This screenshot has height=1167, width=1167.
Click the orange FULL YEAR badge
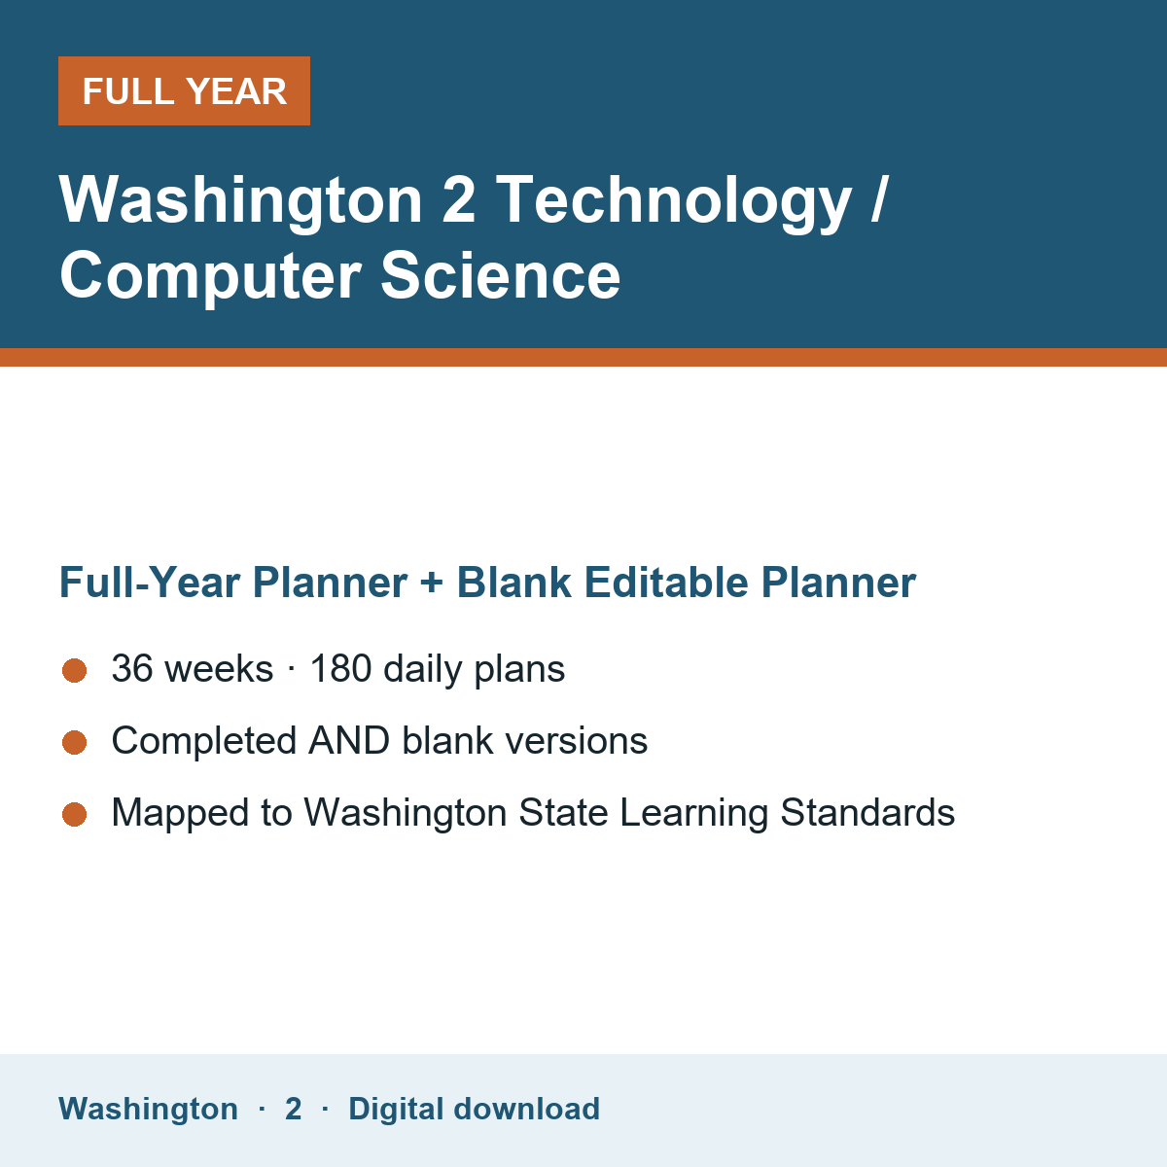click(x=184, y=90)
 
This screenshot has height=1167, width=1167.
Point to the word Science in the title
click(x=500, y=275)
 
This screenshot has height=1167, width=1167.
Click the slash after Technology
click(x=879, y=199)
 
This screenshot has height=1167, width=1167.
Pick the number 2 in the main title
click(x=458, y=199)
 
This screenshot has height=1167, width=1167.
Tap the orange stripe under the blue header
click(x=583, y=357)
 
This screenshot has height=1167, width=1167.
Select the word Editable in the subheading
click(x=665, y=583)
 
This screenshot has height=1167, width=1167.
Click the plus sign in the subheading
click(x=432, y=583)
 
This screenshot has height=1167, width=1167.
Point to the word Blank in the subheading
click(x=513, y=583)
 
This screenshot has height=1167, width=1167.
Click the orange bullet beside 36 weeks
click(x=75, y=670)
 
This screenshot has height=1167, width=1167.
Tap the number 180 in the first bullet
click(x=340, y=669)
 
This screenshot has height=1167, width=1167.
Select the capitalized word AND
click(x=349, y=741)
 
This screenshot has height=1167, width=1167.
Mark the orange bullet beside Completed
click(x=75, y=742)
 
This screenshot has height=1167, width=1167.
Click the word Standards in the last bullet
click(x=867, y=812)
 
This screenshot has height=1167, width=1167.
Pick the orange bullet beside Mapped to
click(x=75, y=814)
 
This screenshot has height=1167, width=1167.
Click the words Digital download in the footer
click(x=475, y=1110)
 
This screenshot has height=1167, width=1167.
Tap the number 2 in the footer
click(x=293, y=1110)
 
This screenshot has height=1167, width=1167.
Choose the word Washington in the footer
click(x=149, y=1110)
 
